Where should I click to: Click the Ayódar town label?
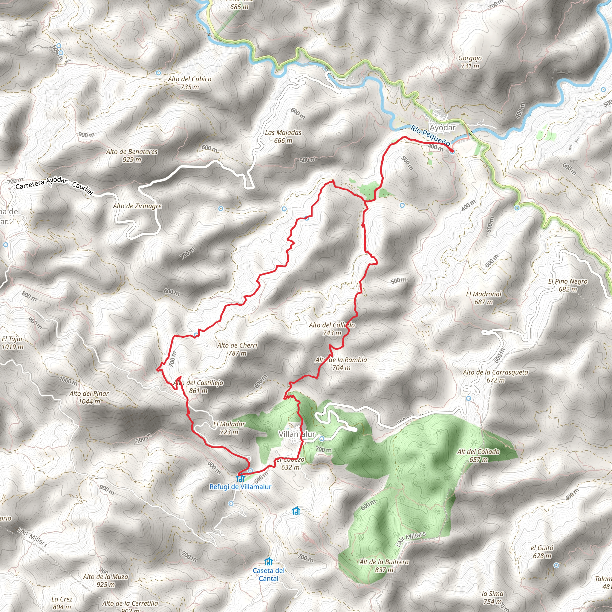(443, 127)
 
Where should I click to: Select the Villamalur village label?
(297, 434)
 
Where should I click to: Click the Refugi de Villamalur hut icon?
(241, 478)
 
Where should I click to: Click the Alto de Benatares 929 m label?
(132, 155)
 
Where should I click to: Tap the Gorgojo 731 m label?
(470, 62)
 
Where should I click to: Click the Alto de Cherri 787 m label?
(237, 349)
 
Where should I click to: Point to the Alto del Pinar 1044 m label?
(89, 397)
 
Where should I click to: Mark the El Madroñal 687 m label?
(484, 298)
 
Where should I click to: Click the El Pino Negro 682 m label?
(568, 285)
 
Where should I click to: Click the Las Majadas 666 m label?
(283, 137)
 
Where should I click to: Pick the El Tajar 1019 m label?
(12, 343)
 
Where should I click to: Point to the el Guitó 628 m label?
(542, 552)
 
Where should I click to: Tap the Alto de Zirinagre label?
(137, 206)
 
